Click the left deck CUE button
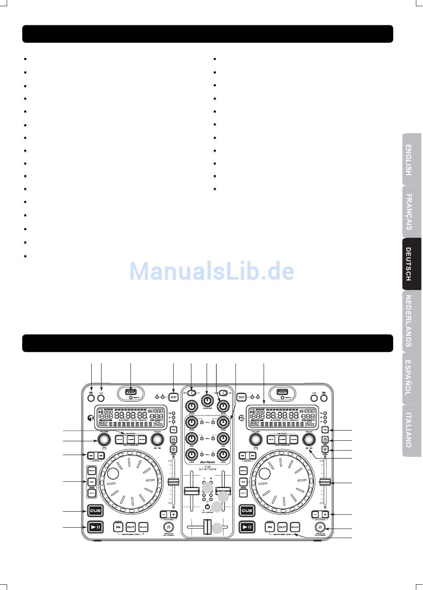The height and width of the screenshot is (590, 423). pos(94,510)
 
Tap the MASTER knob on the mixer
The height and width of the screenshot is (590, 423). pos(207,399)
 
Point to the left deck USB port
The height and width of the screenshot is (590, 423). pos(130,392)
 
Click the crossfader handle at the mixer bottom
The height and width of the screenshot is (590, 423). pos(207,528)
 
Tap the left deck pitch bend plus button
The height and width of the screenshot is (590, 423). pos(174,514)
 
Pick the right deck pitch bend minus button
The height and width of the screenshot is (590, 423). pos(315,514)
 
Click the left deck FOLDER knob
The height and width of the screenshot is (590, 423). pos(104,440)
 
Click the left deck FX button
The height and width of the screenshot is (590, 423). pos(91,482)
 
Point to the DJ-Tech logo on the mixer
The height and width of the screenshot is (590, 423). pos(207,462)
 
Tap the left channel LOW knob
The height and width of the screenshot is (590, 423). pos(192,455)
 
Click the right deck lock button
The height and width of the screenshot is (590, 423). pos(325,439)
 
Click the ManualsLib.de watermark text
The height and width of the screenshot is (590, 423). pos(211,271)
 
